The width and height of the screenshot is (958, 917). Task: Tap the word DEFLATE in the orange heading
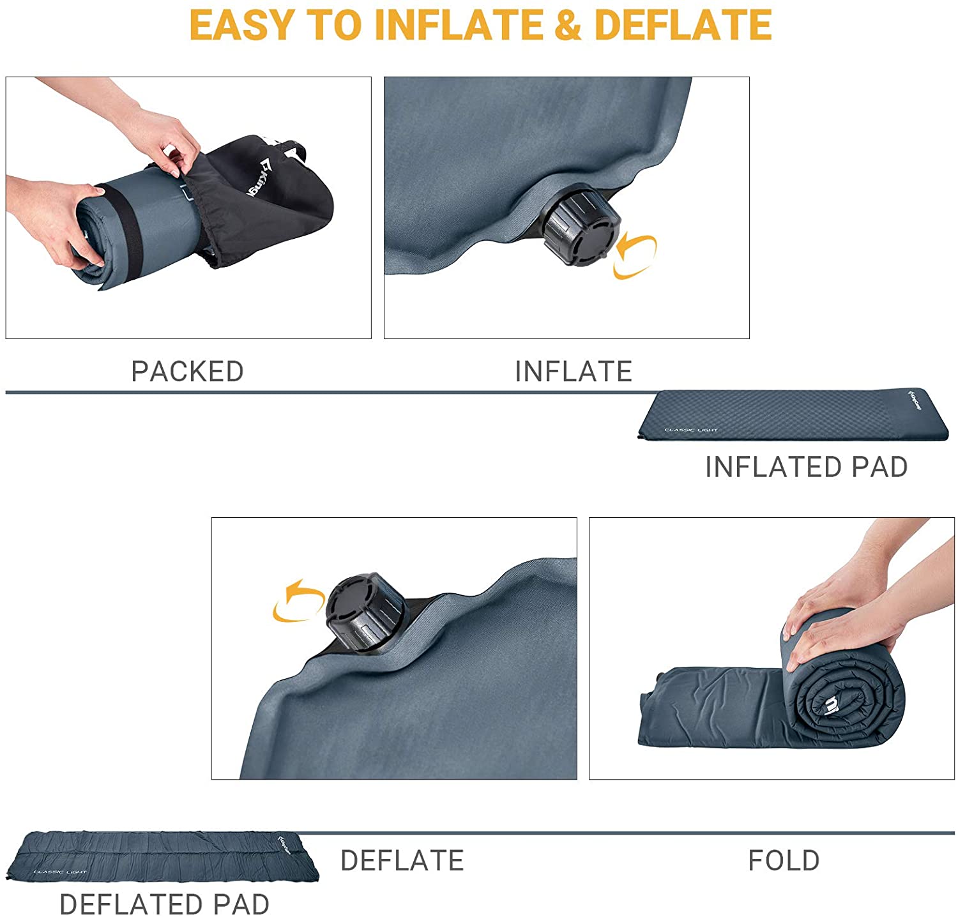click(x=683, y=26)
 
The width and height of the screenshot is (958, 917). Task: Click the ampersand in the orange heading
click(x=567, y=26)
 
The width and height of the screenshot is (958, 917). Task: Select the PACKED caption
click(x=187, y=372)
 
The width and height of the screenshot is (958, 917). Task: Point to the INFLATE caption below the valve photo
click(x=573, y=372)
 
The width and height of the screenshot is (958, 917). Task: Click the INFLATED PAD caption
click(x=806, y=467)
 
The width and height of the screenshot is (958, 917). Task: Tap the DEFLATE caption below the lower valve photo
click(x=402, y=861)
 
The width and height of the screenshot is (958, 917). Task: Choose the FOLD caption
click(x=784, y=861)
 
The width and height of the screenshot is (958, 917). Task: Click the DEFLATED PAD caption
click(x=164, y=904)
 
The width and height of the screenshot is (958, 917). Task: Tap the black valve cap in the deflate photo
click(x=365, y=612)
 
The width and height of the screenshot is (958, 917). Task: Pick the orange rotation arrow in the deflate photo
click(x=298, y=601)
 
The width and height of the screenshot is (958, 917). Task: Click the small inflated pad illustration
click(x=794, y=415)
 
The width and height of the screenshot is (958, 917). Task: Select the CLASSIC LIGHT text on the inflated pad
click(x=691, y=430)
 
